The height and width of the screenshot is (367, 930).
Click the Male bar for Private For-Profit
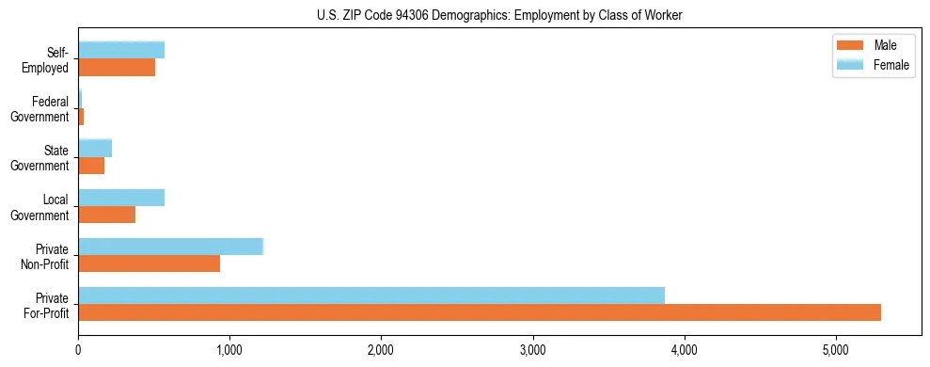(480, 312)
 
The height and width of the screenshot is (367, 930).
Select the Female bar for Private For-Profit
(371, 295)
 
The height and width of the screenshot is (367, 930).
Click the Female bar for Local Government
(121, 198)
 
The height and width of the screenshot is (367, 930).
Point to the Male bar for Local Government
(106, 215)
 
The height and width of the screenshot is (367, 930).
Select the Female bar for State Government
(95, 148)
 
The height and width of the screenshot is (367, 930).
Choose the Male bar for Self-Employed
(117, 68)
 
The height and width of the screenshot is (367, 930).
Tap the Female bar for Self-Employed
(121, 50)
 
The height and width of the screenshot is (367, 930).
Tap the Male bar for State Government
(91, 166)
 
